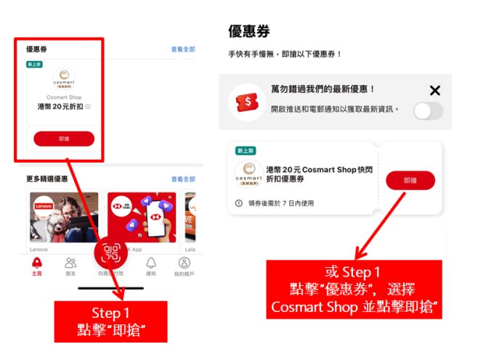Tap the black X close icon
click(x=434, y=91)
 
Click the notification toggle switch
click(x=428, y=111)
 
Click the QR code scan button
click(x=111, y=253)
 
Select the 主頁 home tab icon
click(x=37, y=263)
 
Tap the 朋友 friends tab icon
click(x=70, y=263)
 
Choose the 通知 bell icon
click(x=151, y=263)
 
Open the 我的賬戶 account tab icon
click(x=185, y=263)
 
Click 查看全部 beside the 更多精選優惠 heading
click(x=183, y=179)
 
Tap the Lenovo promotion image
click(x=62, y=216)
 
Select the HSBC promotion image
click(x=142, y=216)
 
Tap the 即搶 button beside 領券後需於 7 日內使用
click(x=410, y=181)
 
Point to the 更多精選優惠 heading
click(x=47, y=179)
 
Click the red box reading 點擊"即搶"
click(x=111, y=322)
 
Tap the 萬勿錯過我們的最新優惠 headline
click(x=323, y=89)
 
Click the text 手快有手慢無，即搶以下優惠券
click(x=285, y=54)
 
